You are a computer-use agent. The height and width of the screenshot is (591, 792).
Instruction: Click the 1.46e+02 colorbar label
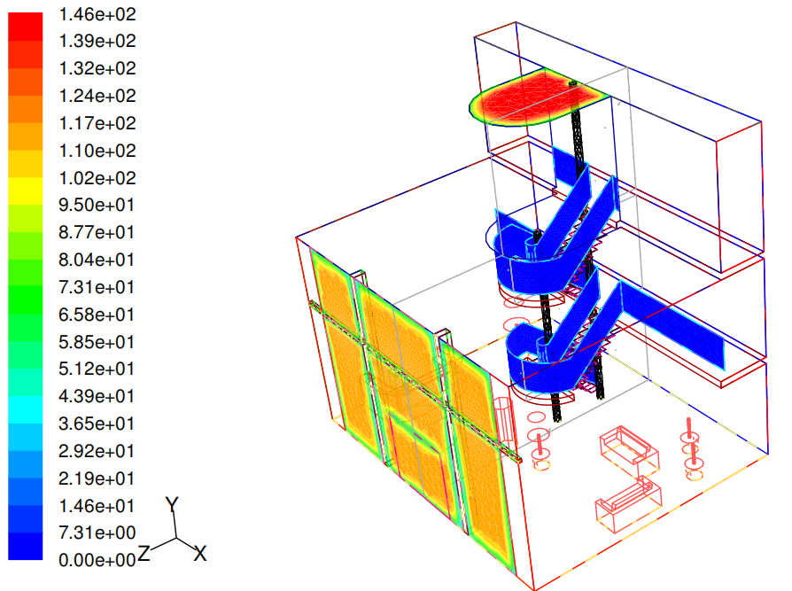pos(97,14)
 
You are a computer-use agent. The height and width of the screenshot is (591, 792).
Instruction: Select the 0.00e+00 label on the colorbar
pos(97,560)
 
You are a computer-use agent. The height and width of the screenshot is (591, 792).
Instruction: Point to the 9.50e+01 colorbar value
pos(97,205)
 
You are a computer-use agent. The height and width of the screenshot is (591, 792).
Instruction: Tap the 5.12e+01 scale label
pos(97,369)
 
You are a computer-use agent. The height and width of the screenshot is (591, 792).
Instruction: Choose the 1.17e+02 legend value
pos(97,123)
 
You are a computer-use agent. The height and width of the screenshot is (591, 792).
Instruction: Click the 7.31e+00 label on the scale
pos(97,532)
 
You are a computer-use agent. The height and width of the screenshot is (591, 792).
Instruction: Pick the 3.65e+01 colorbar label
pos(97,424)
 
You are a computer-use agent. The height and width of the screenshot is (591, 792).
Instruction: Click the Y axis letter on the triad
pos(172,505)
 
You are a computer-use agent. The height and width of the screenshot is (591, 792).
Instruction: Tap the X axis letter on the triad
pos(200,554)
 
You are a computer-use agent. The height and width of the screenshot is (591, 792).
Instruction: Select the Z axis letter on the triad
pos(144,553)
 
